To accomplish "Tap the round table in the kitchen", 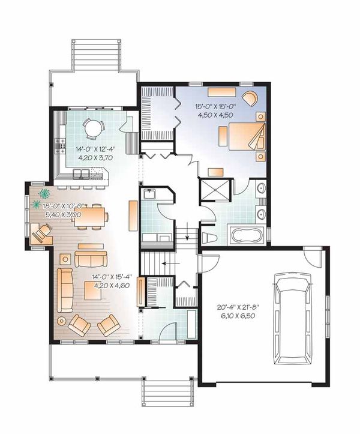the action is (x=93, y=128).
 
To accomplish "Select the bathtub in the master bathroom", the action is (x=247, y=235).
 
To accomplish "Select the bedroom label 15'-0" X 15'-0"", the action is (x=215, y=106).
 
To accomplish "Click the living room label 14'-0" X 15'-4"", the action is (x=112, y=277).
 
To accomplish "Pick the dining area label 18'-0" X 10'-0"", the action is (x=63, y=206).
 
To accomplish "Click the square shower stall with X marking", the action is (x=215, y=190).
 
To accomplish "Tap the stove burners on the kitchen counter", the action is (x=61, y=146).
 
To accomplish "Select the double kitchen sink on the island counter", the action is (x=81, y=174).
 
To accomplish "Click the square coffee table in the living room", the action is (x=92, y=291).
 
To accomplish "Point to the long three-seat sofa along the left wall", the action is (x=65, y=290).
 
